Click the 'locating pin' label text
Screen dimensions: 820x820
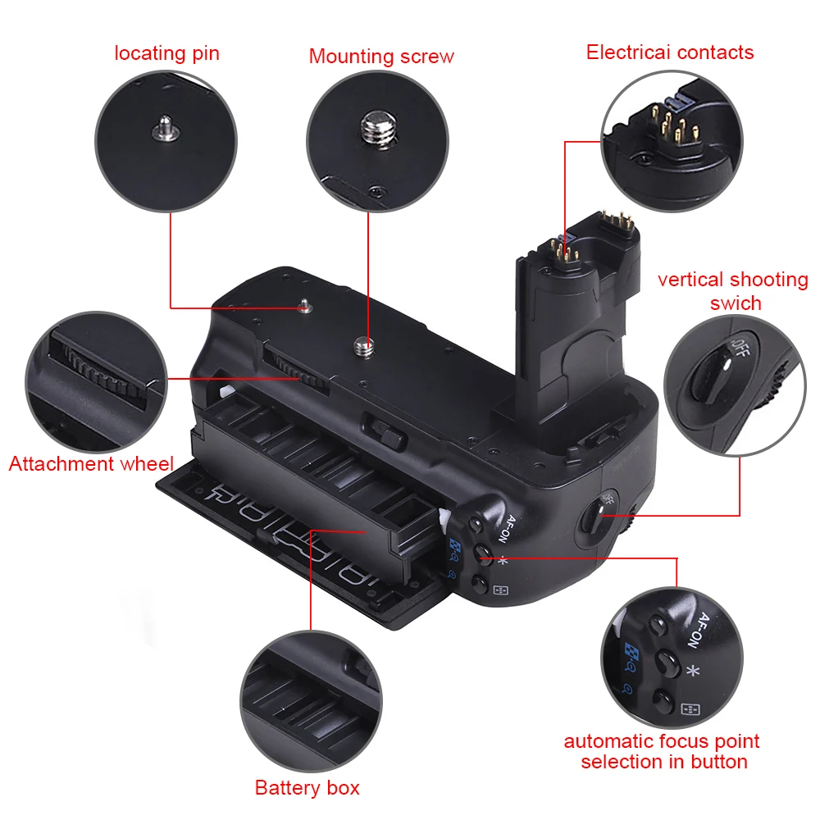pos(167,54)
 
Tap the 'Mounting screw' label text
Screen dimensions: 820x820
pos(381,57)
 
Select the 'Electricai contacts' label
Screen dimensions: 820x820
pos(670,52)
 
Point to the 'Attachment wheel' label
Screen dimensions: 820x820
pos(91,464)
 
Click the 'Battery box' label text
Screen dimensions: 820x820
pos(307,789)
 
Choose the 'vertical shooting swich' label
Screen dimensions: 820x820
pos(733,291)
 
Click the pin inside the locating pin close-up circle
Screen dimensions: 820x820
pos(166,126)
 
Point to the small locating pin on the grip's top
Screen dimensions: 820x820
pos(305,307)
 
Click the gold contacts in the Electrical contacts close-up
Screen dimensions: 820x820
pos(668,121)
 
